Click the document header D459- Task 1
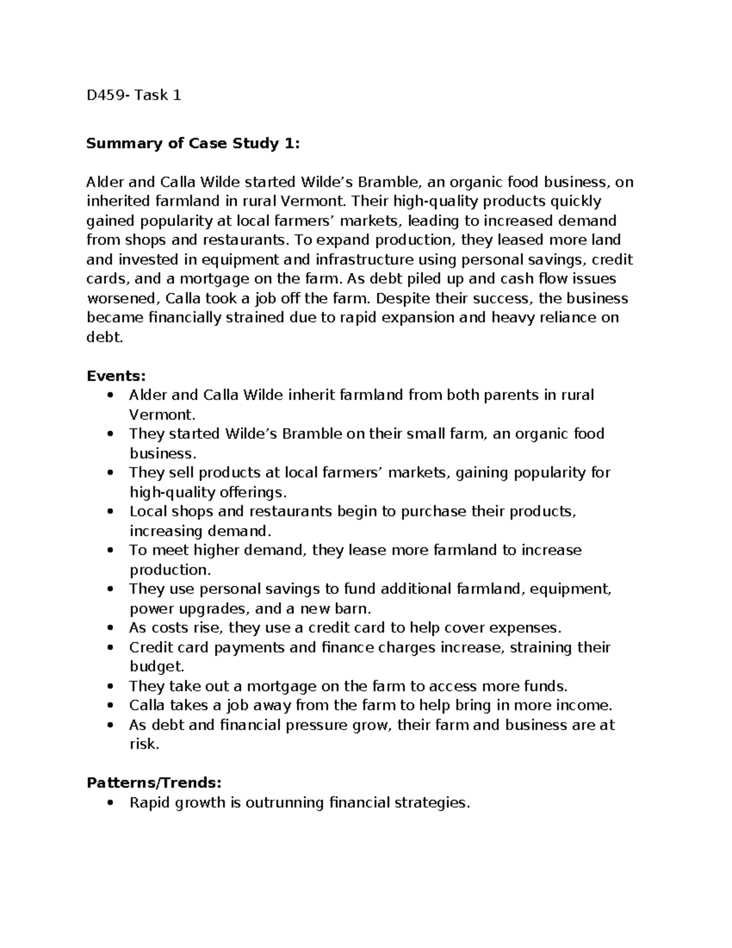134,95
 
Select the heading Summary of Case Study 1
193,143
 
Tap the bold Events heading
116,375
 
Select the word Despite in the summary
401,299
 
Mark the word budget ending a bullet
155,667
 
